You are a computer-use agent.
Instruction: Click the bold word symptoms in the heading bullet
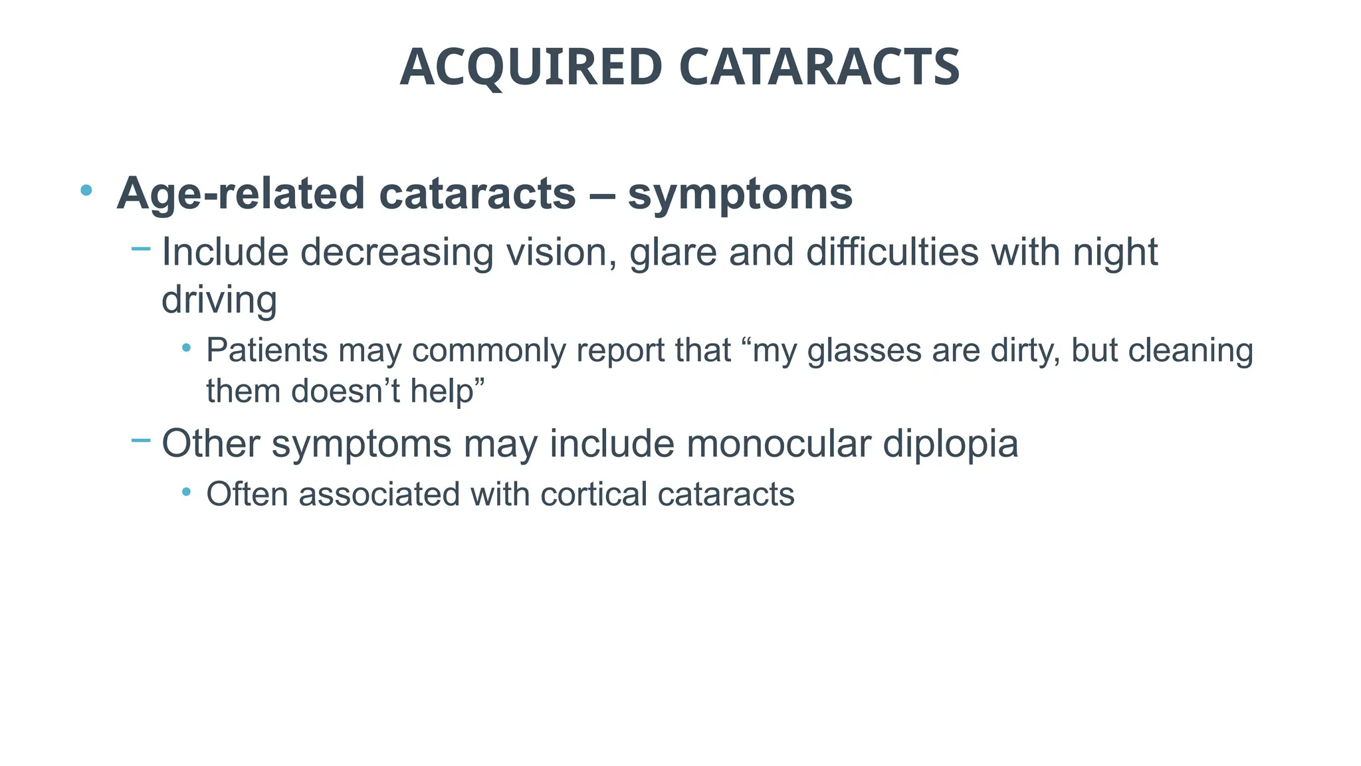(x=740, y=195)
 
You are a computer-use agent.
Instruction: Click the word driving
(x=219, y=301)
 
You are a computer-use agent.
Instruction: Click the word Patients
(x=266, y=350)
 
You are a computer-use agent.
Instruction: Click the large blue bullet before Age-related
(x=86, y=191)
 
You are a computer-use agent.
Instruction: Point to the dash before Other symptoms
(x=141, y=440)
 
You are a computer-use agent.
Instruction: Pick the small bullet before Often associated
(x=187, y=492)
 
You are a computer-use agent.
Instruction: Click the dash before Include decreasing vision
(x=141, y=249)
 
